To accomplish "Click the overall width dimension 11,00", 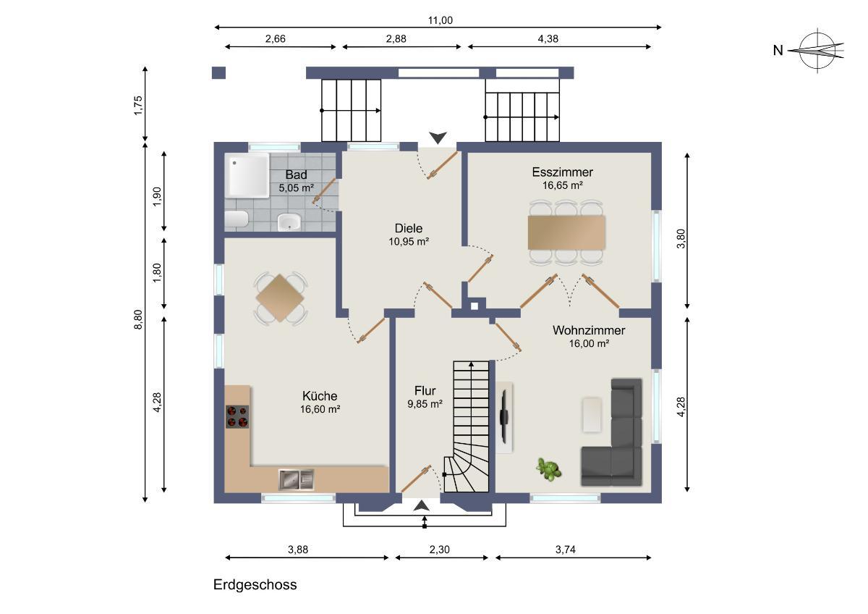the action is (x=440, y=20).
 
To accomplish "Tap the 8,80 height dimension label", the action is (x=138, y=319).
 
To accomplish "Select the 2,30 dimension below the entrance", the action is (x=440, y=550).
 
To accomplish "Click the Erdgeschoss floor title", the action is (x=255, y=585).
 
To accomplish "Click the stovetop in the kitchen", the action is (x=237, y=416).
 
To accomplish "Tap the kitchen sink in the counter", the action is (x=297, y=479).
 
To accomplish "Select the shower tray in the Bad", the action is (x=248, y=175).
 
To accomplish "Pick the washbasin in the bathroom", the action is (x=289, y=222).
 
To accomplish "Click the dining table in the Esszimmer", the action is (x=566, y=232).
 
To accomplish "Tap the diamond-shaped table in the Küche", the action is (x=280, y=298).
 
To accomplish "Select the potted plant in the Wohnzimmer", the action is (x=548, y=470).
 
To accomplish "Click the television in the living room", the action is (x=503, y=417).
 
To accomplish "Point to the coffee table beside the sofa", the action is (x=592, y=415).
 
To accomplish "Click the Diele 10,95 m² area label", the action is (x=409, y=242).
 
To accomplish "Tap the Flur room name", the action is (x=425, y=390).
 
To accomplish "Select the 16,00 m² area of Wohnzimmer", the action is (x=589, y=344).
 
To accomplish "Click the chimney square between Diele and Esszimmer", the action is (x=475, y=306).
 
